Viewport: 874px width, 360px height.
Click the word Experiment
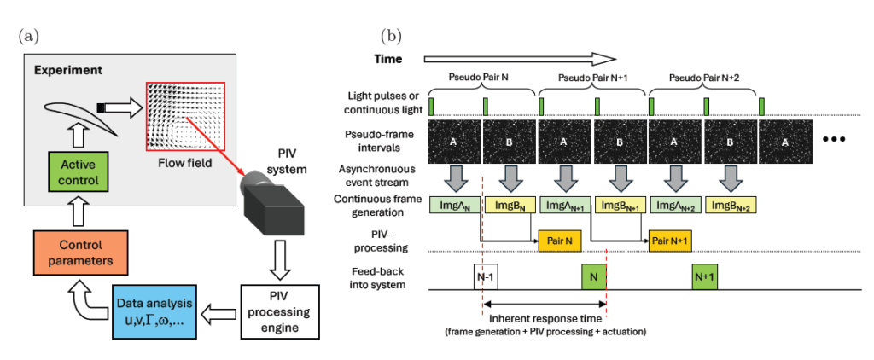pyautogui.click(x=68, y=68)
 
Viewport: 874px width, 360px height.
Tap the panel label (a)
pyautogui.click(x=26, y=36)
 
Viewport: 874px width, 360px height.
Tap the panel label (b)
pyautogui.click(x=393, y=36)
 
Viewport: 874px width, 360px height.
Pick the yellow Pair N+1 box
pyautogui.click(x=671, y=241)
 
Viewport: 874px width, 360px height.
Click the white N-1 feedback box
pyautogui.click(x=484, y=277)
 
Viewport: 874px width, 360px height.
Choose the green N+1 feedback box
pyautogui.click(x=704, y=277)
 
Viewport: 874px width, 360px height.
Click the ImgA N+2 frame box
pyautogui.click(x=674, y=205)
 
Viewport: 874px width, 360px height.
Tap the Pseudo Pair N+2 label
pyautogui.click(x=705, y=77)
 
